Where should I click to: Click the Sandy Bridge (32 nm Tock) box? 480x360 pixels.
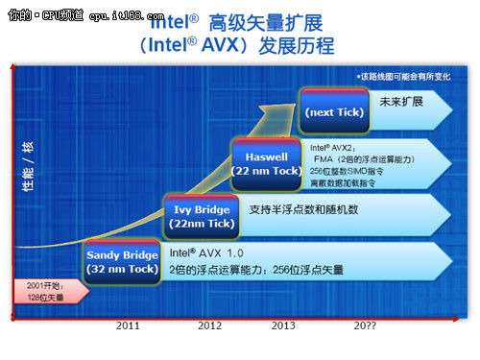click(x=122, y=261)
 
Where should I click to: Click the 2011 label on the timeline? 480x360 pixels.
click(x=129, y=325)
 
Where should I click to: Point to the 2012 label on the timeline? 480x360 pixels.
click(x=209, y=325)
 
